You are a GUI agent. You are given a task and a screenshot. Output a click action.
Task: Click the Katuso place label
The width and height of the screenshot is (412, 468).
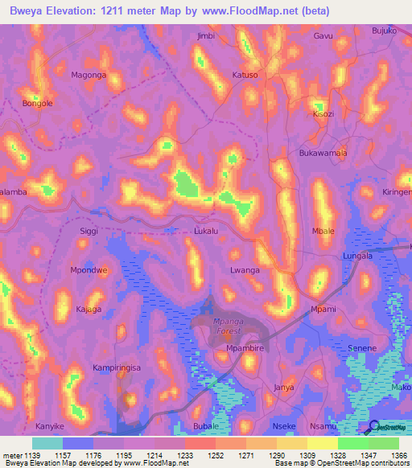pyautogui.click(x=245, y=75)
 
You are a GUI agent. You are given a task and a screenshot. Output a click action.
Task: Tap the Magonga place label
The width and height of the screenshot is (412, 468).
pyautogui.click(x=89, y=75)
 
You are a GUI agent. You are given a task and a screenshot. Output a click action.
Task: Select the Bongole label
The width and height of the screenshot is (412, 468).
pyautogui.click(x=38, y=104)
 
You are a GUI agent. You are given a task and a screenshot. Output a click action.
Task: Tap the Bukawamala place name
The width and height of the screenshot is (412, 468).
pyautogui.click(x=323, y=153)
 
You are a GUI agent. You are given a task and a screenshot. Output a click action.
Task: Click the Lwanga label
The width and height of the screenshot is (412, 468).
pyautogui.click(x=245, y=271)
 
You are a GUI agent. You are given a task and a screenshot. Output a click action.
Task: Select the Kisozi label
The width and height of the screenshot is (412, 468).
pyautogui.click(x=323, y=114)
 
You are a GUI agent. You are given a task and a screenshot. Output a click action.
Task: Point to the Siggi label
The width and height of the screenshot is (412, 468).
pyautogui.click(x=89, y=231)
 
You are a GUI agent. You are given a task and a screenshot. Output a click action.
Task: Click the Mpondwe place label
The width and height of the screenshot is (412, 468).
pyautogui.click(x=89, y=270)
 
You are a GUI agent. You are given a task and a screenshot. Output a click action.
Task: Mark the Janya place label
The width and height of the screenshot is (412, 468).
pyautogui.click(x=284, y=387)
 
